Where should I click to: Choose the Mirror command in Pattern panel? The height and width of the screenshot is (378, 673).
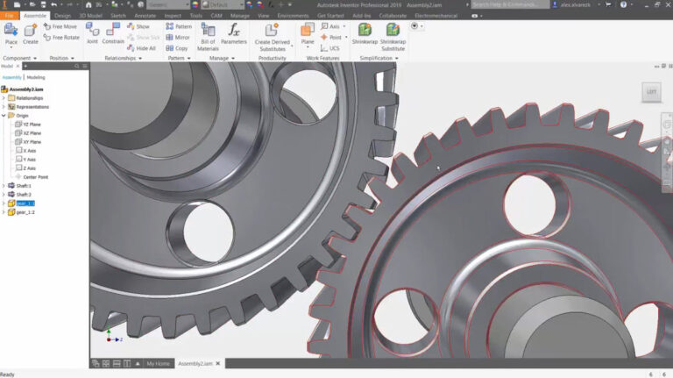click(x=178, y=38)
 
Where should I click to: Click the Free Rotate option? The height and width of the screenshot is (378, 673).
click(x=61, y=38)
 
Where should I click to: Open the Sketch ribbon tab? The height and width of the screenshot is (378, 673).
click(x=117, y=16)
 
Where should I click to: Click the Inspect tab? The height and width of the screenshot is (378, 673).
click(x=173, y=16)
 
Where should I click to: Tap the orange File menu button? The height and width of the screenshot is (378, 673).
click(x=10, y=16)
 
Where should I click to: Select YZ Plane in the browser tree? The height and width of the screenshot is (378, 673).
click(x=32, y=125)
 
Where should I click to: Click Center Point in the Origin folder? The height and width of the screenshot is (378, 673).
click(x=35, y=176)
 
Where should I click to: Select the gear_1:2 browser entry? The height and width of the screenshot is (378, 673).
click(x=25, y=211)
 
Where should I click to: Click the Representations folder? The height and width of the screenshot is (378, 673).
click(x=32, y=107)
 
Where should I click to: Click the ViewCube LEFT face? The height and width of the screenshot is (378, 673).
click(x=651, y=91)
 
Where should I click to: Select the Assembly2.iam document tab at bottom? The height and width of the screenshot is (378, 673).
click(x=195, y=363)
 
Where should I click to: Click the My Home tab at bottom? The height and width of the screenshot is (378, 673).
click(x=158, y=363)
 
